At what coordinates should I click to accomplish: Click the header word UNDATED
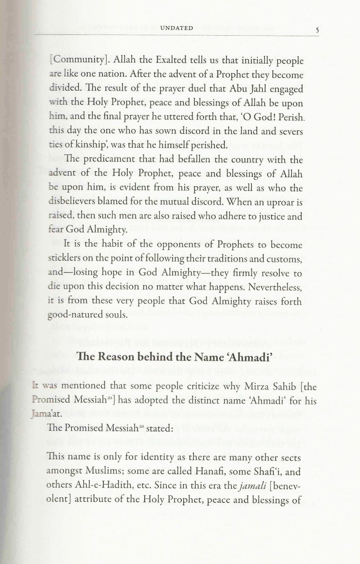(177, 28)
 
